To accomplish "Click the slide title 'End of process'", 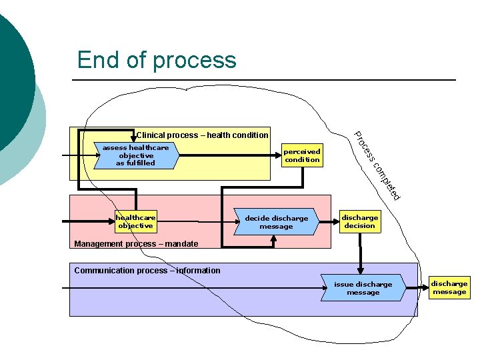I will [x=157, y=60].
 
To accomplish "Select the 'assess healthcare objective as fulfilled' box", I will [x=136, y=155].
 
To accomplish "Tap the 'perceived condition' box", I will [x=302, y=155].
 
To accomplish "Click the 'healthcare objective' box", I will [x=135, y=221].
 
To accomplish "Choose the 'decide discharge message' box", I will [x=276, y=222].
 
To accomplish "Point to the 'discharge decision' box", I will [x=360, y=221].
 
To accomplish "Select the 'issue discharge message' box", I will [x=363, y=288].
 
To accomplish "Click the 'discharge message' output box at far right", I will [x=449, y=287].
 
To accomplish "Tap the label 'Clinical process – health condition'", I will [x=202, y=135].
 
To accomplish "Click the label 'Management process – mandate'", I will [x=136, y=244].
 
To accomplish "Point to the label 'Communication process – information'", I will [x=147, y=271].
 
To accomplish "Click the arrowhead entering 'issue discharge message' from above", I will [x=361, y=271].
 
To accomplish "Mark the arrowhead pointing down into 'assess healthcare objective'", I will [x=133, y=140].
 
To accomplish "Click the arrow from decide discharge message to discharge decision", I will [x=329, y=221].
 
